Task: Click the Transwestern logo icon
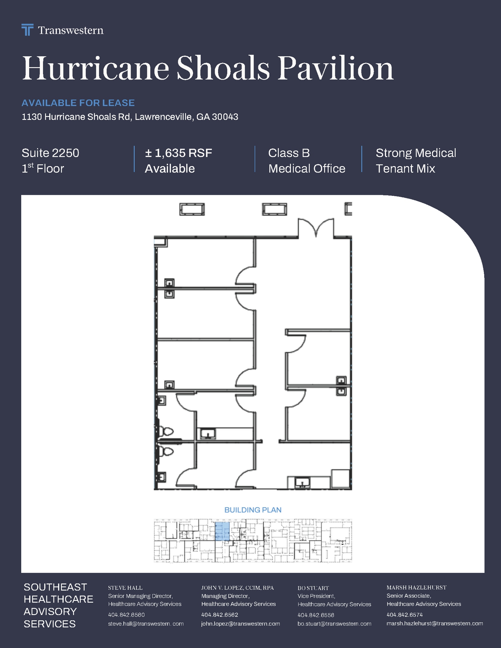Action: tap(27, 30)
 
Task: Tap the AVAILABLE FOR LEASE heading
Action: tap(78, 103)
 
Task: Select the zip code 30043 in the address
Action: tap(225, 117)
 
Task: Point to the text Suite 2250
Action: tap(50, 153)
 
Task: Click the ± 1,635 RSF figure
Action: tap(178, 153)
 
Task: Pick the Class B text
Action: tap(289, 153)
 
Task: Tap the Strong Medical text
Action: tap(416, 153)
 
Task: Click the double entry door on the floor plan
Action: tap(316, 227)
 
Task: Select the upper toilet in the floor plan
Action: tap(167, 431)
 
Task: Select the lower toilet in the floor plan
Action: tap(167, 452)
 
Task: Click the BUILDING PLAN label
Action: tap(253, 510)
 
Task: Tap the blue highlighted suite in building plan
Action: tap(222, 531)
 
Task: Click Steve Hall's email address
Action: tap(146, 624)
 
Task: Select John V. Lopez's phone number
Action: tap(220, 615)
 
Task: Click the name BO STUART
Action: tap(313, 588)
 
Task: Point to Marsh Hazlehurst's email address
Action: tap(435, 623)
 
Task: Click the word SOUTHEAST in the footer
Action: tap(55, 587)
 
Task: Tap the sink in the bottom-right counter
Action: tap(302, 483)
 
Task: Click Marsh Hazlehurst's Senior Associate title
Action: tap(409, 596)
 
